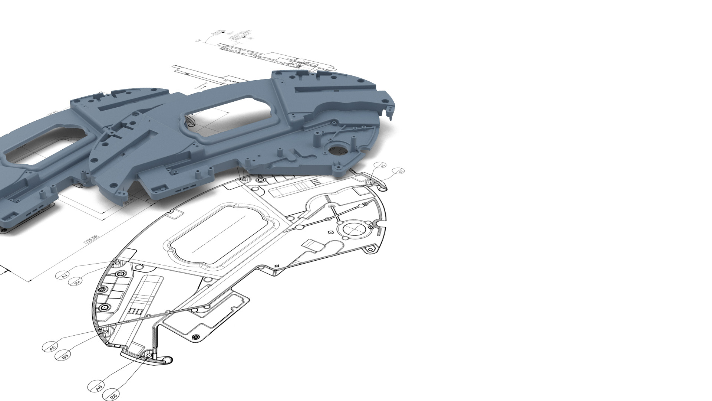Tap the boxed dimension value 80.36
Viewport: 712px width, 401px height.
[129, 201]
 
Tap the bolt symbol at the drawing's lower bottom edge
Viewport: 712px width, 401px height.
[196, 337]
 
